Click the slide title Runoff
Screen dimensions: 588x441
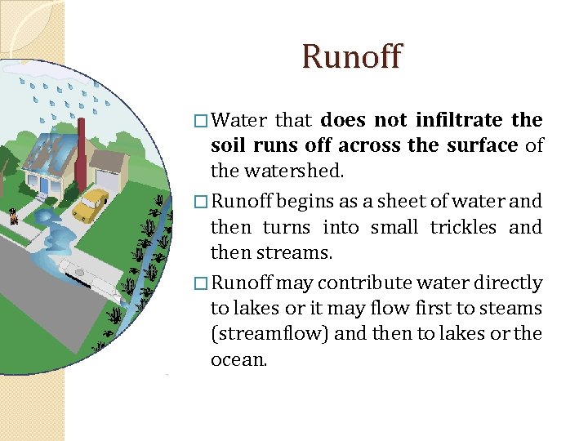pyautogui.click(x=351, y=57)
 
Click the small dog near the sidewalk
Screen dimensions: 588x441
pyautogui.click(x=13, y=216)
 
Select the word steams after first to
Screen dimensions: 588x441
pyautogui.click(x=514, y=308)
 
